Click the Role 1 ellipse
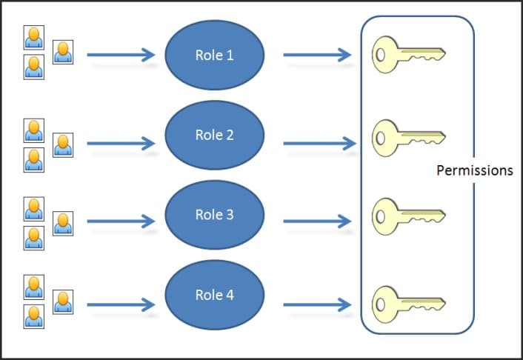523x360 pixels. pos(214,56)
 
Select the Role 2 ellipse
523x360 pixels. pos(214,135)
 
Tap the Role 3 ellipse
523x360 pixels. pos(214,215)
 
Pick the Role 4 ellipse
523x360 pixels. pos(214,295)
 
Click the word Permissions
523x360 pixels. pos(474,170)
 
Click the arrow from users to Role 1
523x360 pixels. pos(121,55)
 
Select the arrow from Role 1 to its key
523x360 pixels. pos(317,55)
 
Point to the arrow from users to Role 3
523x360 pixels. pos(121,221)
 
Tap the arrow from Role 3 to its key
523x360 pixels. pos(317,221)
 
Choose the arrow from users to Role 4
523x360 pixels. pos(121,304)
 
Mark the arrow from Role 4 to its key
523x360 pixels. pos(317,304)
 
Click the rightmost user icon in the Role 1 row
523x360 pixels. pos(63,52)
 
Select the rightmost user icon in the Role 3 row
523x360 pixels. pos(63,223)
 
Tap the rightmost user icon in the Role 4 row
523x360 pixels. pos(63,301)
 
